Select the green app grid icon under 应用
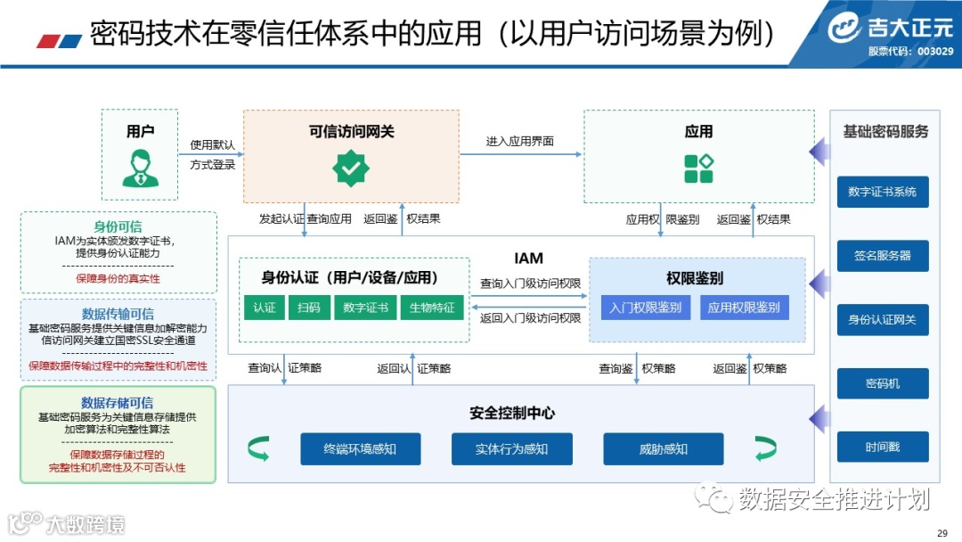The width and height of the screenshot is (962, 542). tap(698, 168)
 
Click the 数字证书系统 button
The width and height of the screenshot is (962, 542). tap(882, 192)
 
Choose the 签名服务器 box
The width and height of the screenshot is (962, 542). tap(882, 256)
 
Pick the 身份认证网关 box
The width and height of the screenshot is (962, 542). tap(882, 319)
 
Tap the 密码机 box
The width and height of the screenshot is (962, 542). tap(882, 383)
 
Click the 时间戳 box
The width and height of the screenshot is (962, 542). tap(882, 447)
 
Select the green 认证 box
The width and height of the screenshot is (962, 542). tap(264, 308)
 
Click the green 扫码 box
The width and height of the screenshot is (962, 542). tap(308, 308)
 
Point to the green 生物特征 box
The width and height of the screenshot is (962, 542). tap(432, 308)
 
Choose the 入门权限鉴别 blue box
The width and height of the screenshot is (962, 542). tap(646, 308)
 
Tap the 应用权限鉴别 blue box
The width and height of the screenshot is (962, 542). tap(745, 308)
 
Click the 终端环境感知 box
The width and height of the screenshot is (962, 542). tap(360, 448)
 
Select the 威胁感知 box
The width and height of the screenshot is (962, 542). tap(663, 448)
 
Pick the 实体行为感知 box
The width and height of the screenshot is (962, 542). tap(511, 448)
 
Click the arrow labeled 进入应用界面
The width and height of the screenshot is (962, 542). tap(521, 154)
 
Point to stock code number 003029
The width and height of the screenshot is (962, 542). tap(935, 52)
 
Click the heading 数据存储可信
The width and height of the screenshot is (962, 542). tap(117, 403)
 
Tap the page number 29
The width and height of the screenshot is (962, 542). tap(942, 533)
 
